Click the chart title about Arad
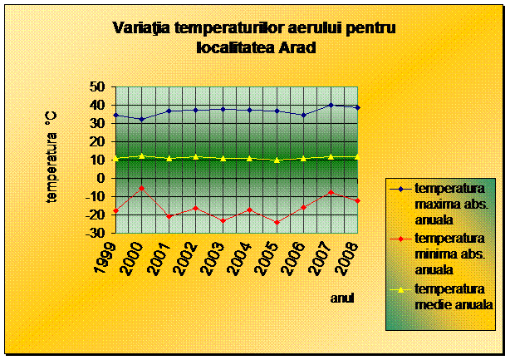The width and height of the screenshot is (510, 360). [x=255, y=37]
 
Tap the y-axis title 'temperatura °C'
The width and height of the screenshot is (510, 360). [x=51, y=157]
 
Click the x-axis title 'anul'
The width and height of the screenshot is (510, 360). [x=342, y=298]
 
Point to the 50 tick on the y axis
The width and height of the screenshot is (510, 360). [x=96, y=87]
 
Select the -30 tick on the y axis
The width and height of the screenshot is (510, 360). [x=95, y=233]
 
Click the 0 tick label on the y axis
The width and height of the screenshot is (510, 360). [x=101, y=179]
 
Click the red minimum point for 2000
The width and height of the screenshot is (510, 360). [x=142, y=188]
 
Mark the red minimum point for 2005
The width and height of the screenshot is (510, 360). [x=277, y=223]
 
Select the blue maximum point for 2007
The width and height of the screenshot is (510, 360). [x=331, y=105]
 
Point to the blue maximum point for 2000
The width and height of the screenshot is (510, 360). [x=142, y=120]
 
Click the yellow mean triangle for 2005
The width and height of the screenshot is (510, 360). [x=277, y=160]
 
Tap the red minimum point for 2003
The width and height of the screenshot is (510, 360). [x=223, y=220]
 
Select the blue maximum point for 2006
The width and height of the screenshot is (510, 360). [x=304, y=116]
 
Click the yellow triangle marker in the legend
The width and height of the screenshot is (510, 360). [x=400, y=289]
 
